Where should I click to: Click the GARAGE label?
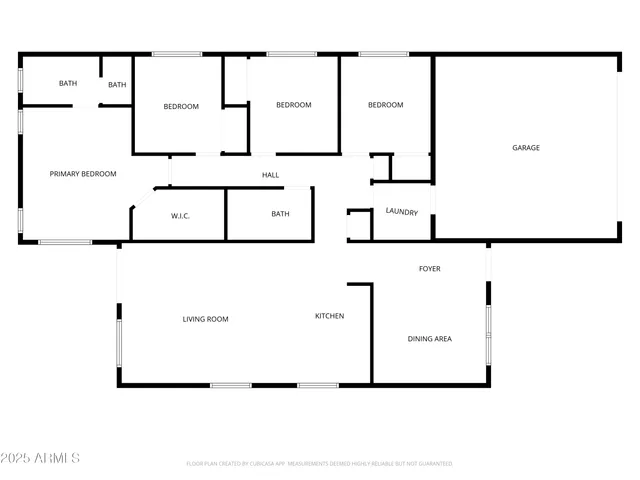[526, 148]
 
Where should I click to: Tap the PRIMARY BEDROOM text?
[83, 174]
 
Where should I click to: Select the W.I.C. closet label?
[180, 215]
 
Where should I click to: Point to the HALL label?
[270, 175]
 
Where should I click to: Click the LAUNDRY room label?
[402, 211]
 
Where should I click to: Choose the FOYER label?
[429, 269]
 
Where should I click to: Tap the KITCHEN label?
[329, 316]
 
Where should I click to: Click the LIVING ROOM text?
[205, 320]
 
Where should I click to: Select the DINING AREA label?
[429, 339]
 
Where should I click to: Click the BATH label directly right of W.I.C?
[280, 214]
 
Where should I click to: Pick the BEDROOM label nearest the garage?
[385, 105]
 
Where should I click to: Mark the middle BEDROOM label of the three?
[293, 105]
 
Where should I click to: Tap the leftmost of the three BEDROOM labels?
[181, 107]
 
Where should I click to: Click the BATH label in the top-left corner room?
[67, 84]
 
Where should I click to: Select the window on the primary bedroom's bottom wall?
[65, 242]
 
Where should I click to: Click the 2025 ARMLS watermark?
[41, 458]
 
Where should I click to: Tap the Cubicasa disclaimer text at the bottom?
[319, 464]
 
